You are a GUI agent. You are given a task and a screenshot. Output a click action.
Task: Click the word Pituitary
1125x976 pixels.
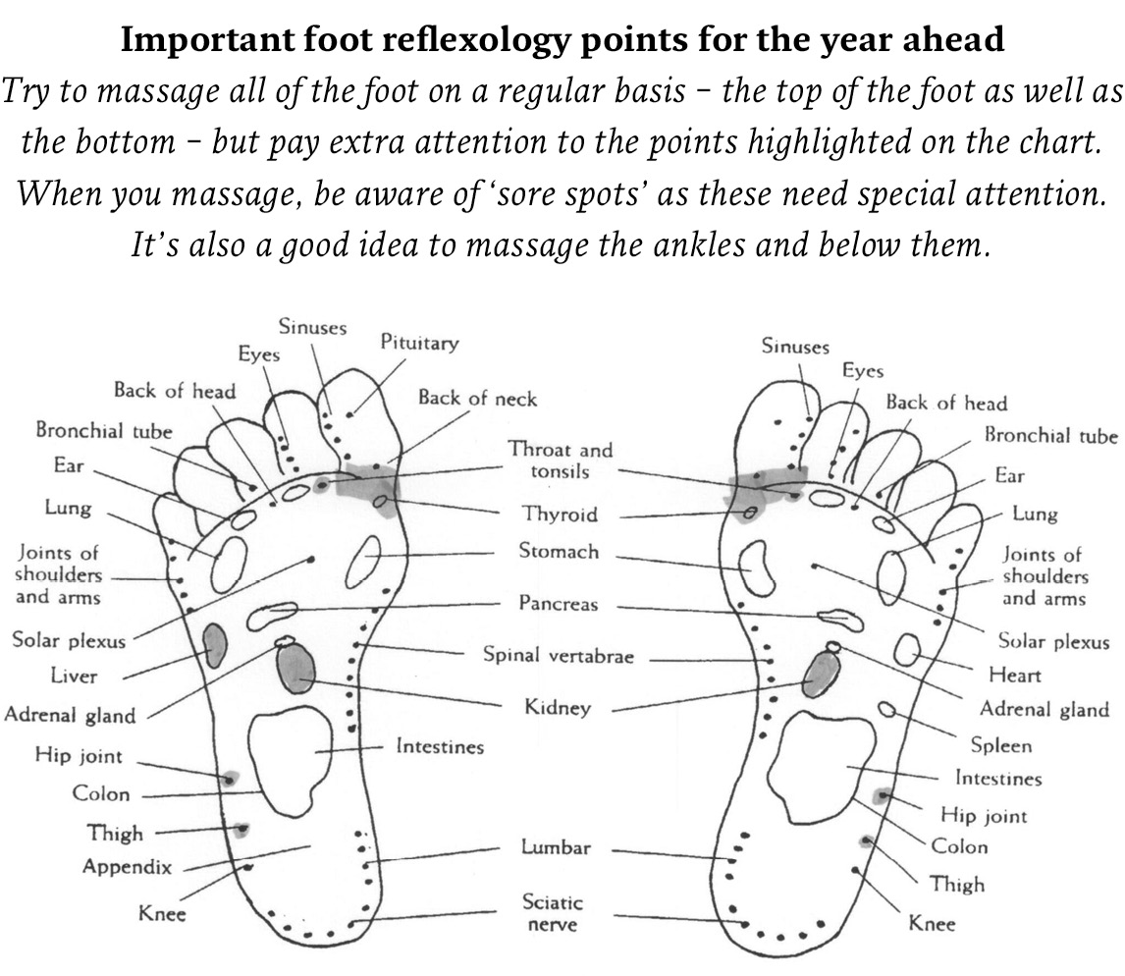[419, 343]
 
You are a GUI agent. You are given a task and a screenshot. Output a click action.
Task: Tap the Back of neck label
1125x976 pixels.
[477, 398]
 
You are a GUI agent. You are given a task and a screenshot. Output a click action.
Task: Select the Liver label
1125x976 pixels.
[74, 677]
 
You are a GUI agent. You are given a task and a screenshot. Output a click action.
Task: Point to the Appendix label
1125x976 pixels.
[127, 867]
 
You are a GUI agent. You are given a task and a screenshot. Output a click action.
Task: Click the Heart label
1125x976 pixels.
[1015, 676]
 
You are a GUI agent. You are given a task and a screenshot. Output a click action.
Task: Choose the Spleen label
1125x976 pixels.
[1001, 745]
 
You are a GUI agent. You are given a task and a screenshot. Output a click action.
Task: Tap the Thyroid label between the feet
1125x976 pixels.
[560, 515]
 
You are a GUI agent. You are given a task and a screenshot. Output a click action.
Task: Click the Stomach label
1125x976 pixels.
[559, 552]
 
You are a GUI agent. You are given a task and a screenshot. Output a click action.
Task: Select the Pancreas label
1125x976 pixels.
[559, 604]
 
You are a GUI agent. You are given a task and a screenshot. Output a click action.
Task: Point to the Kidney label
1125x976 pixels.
[558, 707]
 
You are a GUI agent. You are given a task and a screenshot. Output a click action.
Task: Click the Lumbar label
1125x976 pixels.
[556, 848]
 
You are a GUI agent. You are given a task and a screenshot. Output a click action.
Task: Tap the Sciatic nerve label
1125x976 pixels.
[552, 913]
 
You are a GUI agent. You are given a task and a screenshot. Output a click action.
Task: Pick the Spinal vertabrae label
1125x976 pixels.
[559, 655]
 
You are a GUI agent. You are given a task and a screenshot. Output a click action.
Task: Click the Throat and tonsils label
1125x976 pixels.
[560, 461]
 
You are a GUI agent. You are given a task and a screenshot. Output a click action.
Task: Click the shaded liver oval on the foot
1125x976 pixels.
[215, 645]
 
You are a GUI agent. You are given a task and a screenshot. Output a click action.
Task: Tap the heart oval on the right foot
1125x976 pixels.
[907, 648]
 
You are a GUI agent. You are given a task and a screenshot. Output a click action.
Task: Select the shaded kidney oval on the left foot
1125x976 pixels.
[295, 667]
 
